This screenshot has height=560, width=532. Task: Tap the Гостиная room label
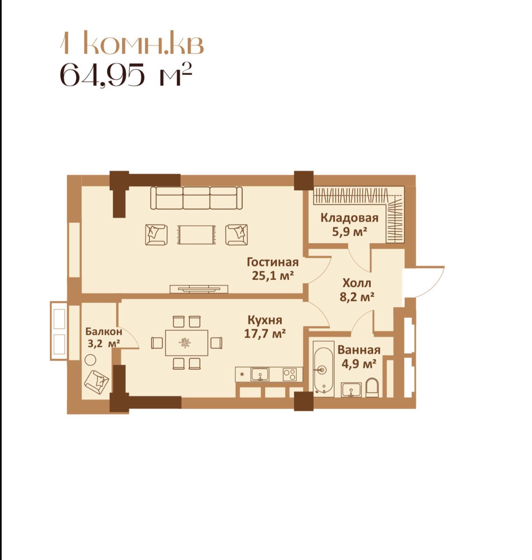point(273,262)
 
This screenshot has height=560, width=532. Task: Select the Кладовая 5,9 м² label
point(350,225)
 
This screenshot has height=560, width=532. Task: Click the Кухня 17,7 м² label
point(265,326)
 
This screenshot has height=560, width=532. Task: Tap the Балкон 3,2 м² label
point(103,338)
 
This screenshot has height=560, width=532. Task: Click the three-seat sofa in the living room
point(196,198)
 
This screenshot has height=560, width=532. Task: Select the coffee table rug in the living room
point(196,234)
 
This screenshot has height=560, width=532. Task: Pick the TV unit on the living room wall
point(199,289)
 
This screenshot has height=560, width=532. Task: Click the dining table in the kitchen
point(187,343)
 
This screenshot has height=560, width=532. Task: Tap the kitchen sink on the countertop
point(260,374)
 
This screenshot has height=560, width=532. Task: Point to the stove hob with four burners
point(290,374)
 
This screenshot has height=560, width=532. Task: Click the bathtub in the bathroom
point(323,368)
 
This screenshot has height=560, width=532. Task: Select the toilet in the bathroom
point(372,387)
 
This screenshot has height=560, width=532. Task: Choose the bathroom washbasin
point(351,390)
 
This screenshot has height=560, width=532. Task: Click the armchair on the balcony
point(97,382)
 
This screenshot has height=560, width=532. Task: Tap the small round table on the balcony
point(91,360)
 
